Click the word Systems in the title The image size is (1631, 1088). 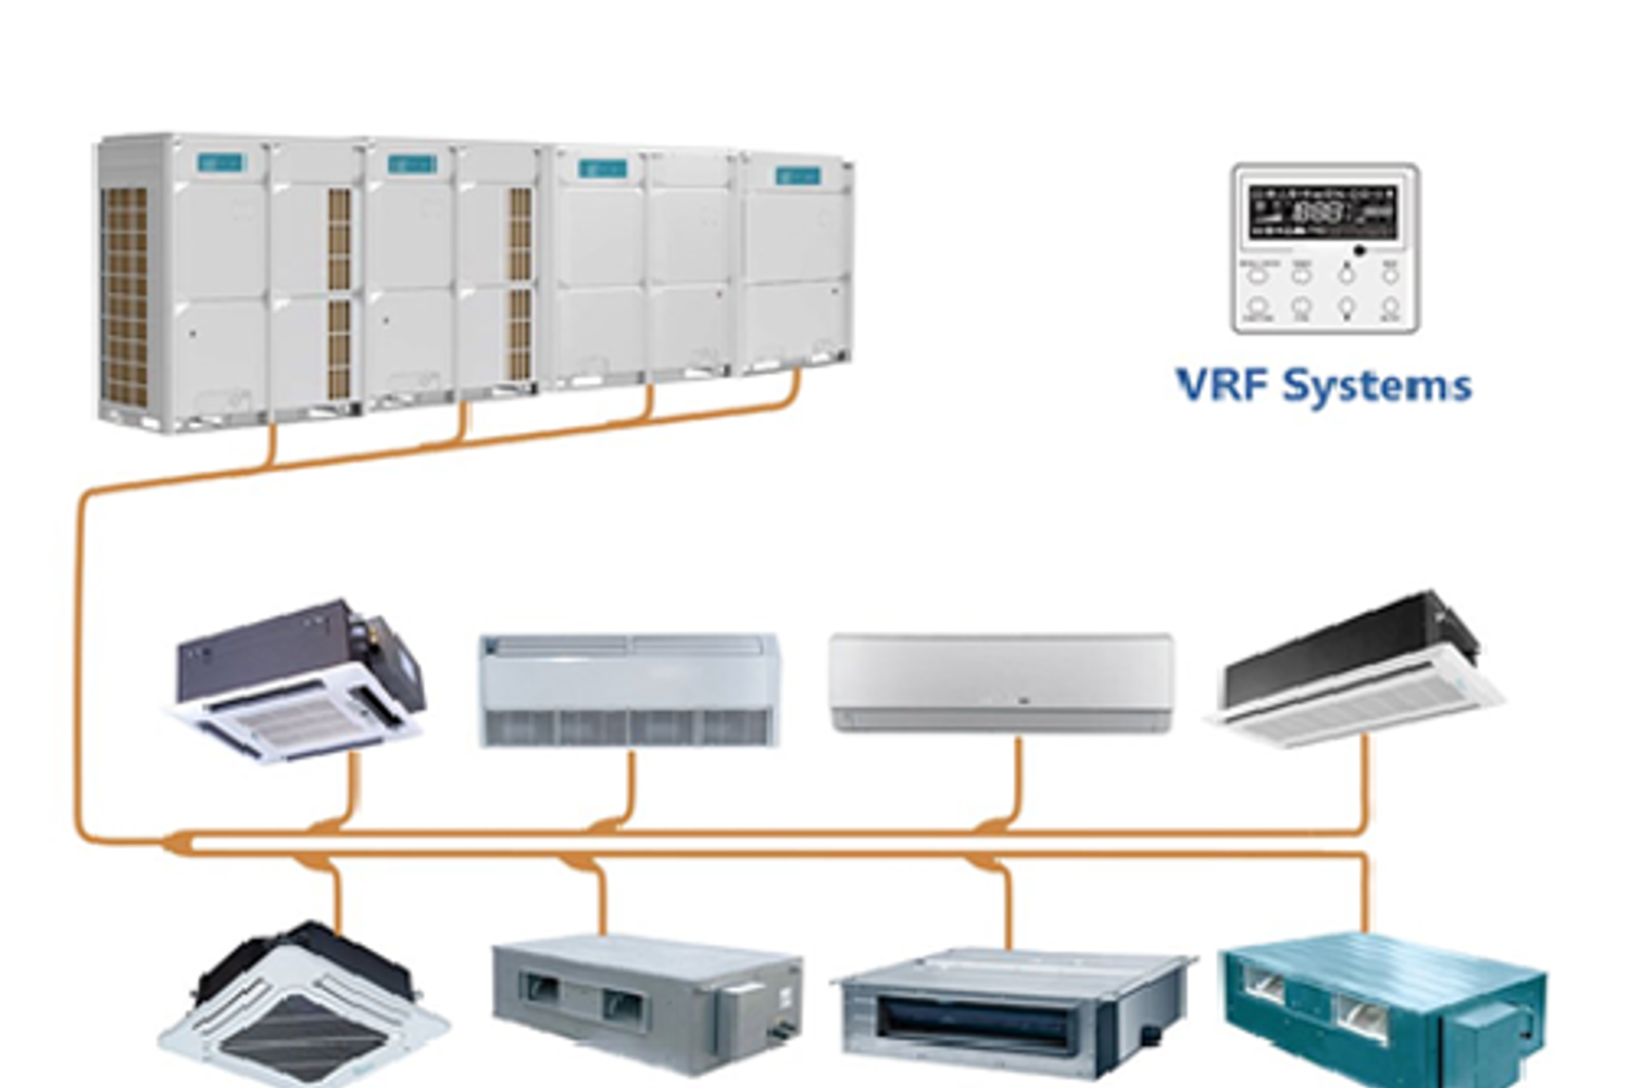[1377, 387]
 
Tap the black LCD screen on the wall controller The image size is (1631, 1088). [1322, 211]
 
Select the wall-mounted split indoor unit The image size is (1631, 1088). [1001, 682]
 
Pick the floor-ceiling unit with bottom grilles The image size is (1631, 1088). [628, 690]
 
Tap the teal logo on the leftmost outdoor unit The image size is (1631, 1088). [221, 163]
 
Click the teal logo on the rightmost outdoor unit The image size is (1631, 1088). [797, 176]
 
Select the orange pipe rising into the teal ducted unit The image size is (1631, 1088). [1367, 892]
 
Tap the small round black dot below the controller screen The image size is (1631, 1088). [1359, 251]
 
